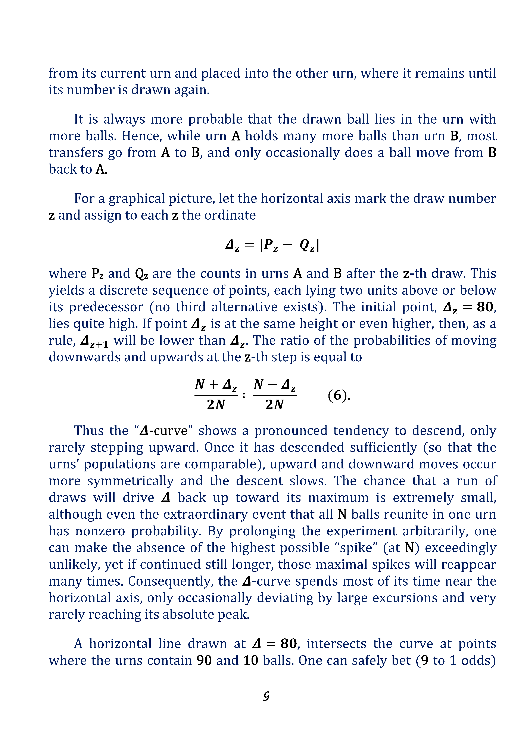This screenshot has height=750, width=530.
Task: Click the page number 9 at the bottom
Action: coord(266,697)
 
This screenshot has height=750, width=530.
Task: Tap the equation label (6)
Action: coord(339,395)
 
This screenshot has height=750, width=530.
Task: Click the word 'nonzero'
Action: coord(100,531)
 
